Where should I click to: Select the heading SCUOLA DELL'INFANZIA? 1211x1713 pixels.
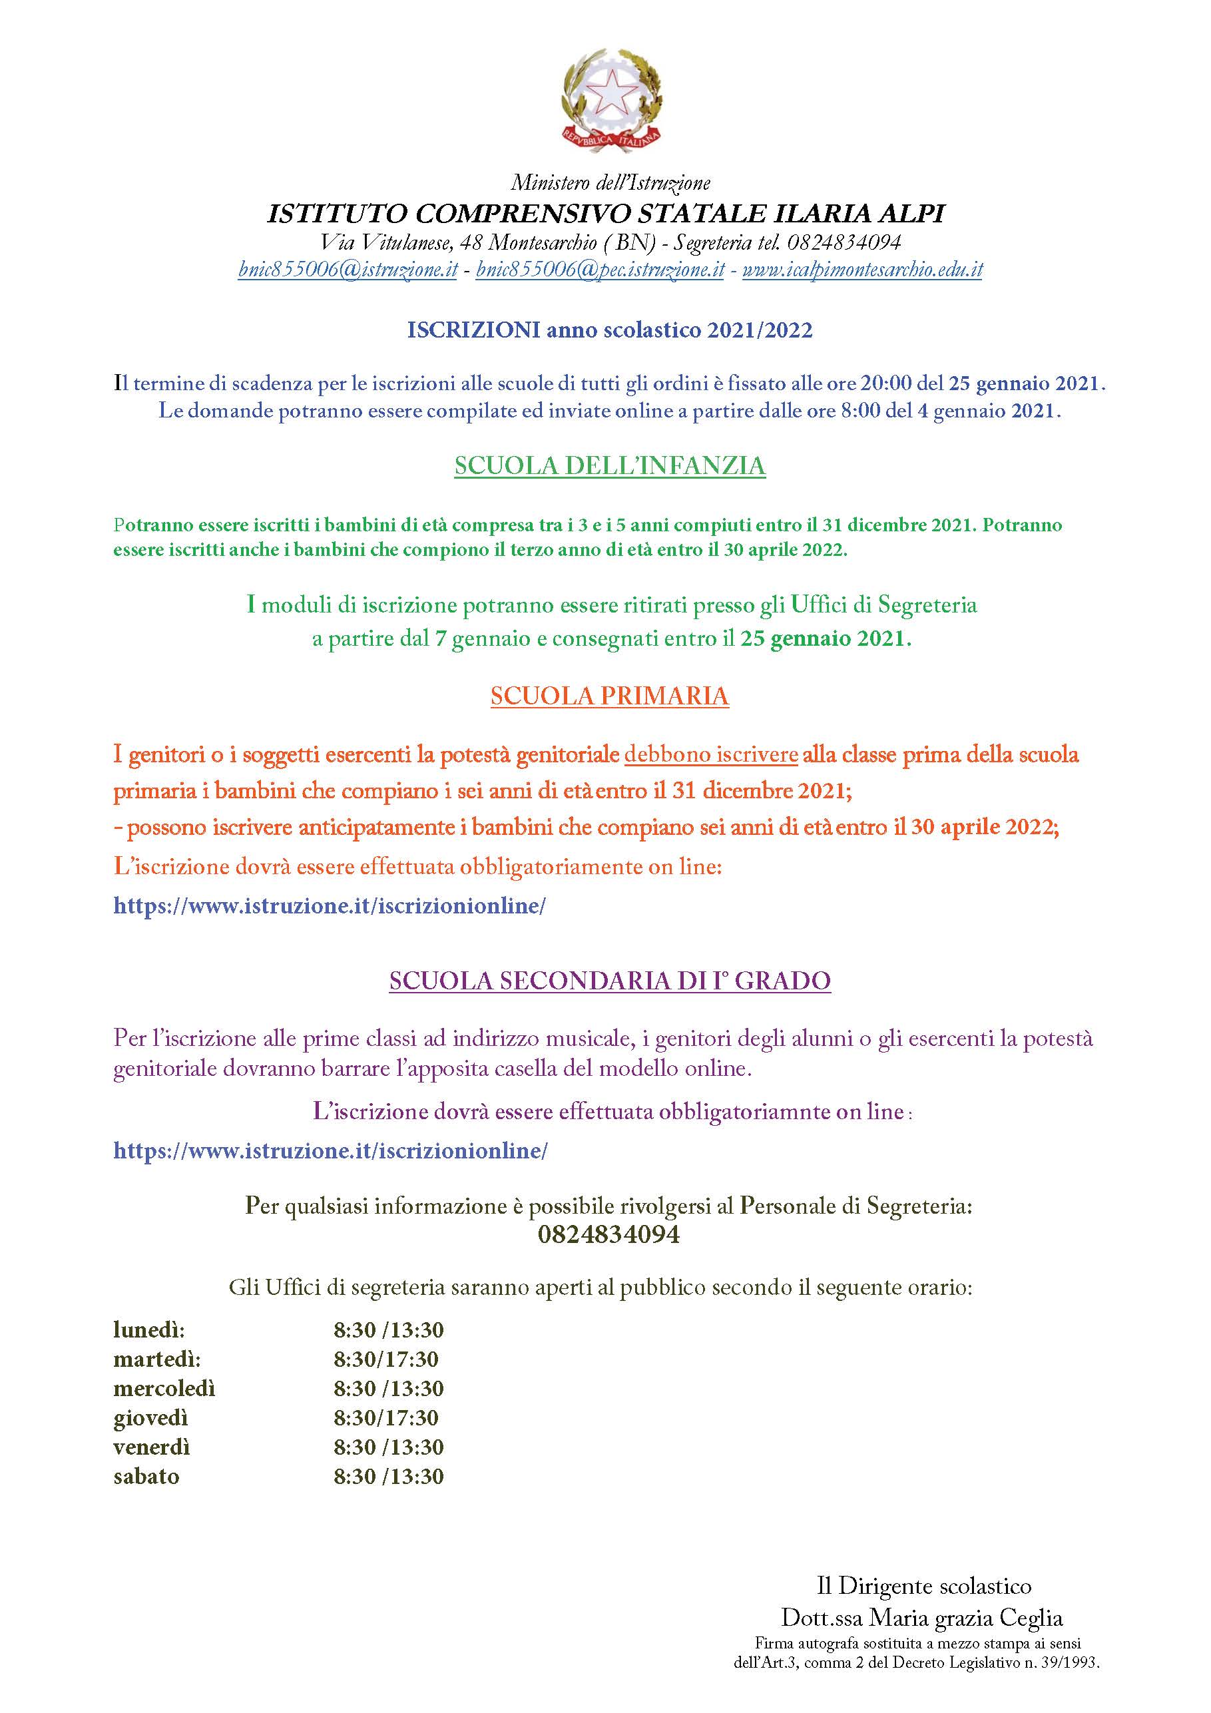[x=610, y=465]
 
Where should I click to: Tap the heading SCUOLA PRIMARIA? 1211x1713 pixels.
[x=610, y=696]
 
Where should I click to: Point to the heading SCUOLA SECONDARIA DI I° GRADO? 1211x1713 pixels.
[x=610, y=981]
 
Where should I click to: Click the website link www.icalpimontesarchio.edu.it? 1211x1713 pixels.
[x=863, y=270]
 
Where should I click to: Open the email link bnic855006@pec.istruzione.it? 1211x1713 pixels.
[x=600, y=270]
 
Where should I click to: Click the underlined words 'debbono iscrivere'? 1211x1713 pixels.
[x=711, y=754]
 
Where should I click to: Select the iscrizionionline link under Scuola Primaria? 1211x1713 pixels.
[x=330, y=905]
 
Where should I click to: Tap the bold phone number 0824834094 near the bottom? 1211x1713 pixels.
[x=609, y=1235]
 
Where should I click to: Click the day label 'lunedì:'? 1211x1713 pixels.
[x=149, y=1330]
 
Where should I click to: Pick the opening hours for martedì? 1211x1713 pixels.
[x=385, y=1359]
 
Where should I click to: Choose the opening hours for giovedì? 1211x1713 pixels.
[x=385, y=1417]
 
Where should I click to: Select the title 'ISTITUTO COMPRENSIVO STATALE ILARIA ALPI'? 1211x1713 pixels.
[x=606, y=214]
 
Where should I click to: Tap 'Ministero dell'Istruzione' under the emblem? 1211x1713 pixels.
[x=610, y=182]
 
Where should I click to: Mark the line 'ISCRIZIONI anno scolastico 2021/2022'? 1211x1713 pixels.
[x=610, y=330]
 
